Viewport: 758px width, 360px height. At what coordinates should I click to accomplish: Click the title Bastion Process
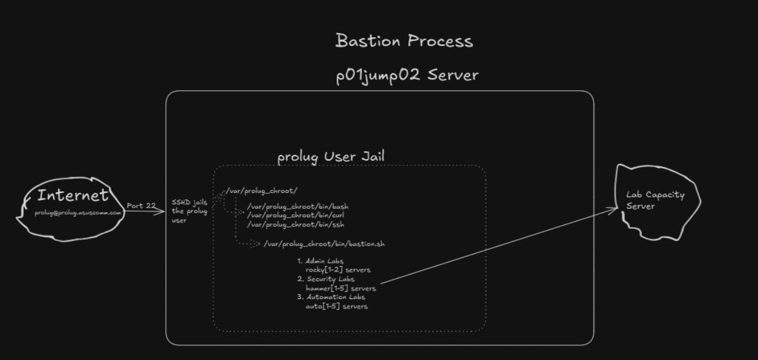click(x=404, y=41)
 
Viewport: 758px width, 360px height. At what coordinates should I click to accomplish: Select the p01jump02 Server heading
click(x=407, y=76)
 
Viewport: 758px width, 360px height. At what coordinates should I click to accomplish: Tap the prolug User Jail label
click(x=331, y=157)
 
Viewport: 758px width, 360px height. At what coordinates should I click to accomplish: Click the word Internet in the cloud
click(x=73, y=196)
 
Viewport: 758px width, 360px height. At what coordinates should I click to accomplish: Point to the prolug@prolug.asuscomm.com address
click(x=78, y=212)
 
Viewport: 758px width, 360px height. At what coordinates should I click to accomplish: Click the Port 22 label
click(x=141, y=206)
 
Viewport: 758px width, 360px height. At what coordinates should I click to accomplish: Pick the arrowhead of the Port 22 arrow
click(x=162, y=212)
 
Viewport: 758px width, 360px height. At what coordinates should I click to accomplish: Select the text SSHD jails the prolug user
click(x=189, y=211)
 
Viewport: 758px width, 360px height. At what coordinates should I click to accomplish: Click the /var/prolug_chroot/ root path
click(x=262, y=191)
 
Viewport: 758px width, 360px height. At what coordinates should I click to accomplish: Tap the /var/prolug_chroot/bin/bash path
click(x=298, y=207)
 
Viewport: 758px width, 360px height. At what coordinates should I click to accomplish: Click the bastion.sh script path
click(x=324, y=244)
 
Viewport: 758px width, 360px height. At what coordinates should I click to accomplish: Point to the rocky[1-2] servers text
click(x=338, y=270)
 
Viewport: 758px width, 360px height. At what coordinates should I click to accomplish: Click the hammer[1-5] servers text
click(x=341, y=288)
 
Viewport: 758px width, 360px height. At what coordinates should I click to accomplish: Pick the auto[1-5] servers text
click(x=337, y=306)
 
